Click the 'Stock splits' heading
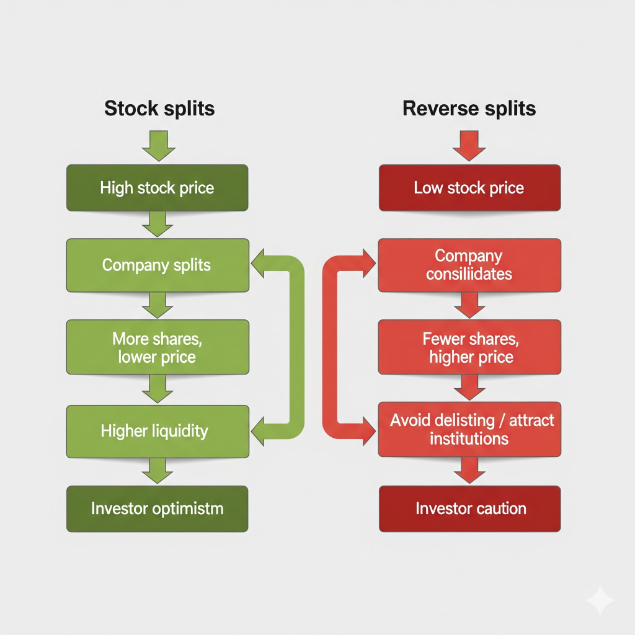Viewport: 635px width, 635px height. tap(159, 109)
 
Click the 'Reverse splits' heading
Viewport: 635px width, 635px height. tap(469, 109)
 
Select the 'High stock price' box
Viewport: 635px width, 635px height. tap(158, 188)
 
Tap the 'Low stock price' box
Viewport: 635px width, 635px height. tap(469, 188)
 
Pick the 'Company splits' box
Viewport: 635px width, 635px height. tap(158, 265)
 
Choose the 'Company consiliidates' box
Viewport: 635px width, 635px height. tap(469, 265)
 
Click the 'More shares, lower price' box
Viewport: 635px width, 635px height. tap(158, 348)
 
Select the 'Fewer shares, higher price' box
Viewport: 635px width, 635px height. tap(469, 348)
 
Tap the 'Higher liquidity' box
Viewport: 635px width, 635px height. tap(158, 431)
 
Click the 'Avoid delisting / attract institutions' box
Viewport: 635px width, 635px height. tap(469, 430)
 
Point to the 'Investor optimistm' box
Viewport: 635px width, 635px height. tap(158, 509)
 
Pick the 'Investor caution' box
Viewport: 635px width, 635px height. tap(469, 509)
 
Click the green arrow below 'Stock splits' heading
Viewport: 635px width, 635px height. tap(159, 145)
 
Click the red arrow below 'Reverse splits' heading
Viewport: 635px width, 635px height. tap(469, 145)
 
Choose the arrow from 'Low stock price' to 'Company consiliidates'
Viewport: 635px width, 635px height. tap(469, 224)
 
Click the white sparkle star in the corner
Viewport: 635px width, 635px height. tap(600, 600)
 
